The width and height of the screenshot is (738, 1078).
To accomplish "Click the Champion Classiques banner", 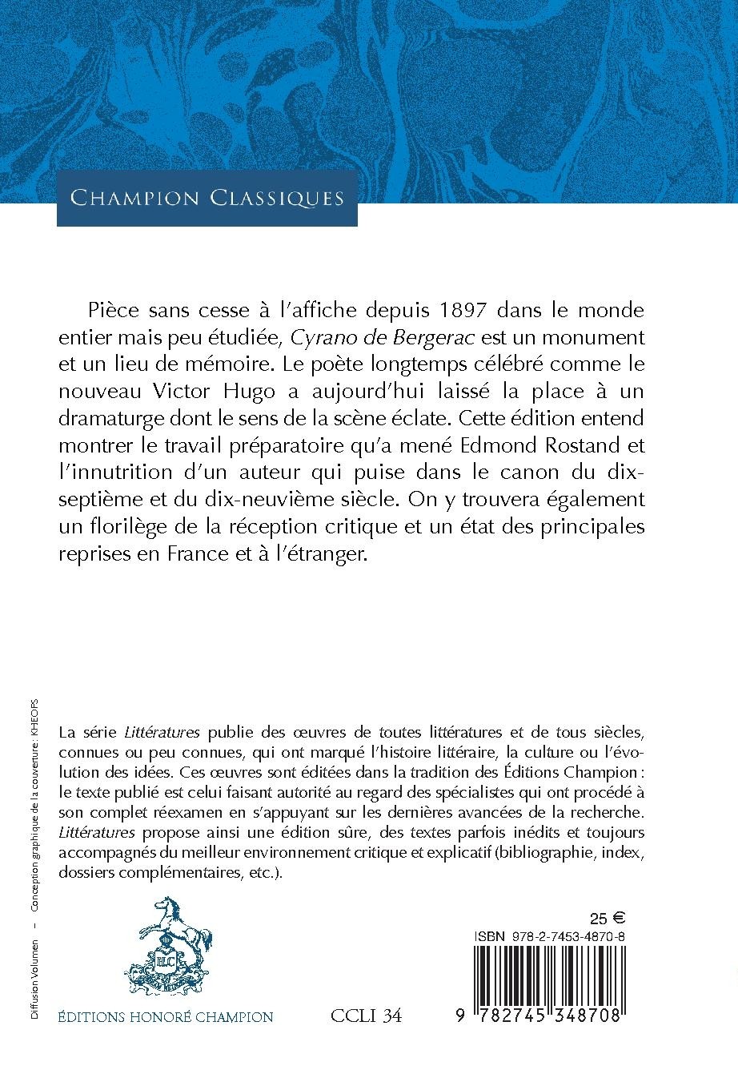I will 207,197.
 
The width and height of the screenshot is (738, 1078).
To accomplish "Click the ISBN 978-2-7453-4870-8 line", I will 550,935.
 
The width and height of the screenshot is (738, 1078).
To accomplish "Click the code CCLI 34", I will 366,1016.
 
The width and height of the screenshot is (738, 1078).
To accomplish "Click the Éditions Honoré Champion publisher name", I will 166,1017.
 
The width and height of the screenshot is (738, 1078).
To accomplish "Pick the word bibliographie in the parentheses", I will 545,851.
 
